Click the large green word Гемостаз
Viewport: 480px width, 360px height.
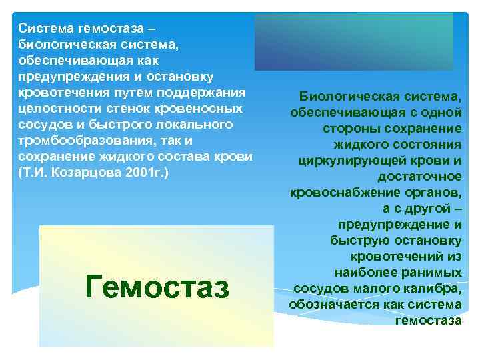click(x=157, y=288)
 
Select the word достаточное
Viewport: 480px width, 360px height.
click(x=419, y=177)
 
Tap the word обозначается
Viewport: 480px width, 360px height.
click(x=329, y=305)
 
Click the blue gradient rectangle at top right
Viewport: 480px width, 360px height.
click(x=354, y=41)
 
